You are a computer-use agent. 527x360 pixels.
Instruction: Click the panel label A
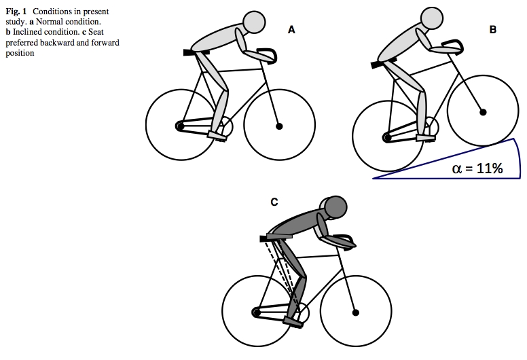291,30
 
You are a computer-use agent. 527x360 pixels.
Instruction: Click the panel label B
493,30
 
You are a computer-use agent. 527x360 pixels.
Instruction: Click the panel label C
274,202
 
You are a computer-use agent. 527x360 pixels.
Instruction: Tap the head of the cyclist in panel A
254,22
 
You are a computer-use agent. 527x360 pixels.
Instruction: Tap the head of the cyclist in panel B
432,18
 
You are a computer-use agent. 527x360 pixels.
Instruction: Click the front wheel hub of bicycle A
279,126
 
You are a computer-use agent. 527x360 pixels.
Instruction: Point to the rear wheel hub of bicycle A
180,126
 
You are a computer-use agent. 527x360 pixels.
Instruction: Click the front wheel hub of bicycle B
483,112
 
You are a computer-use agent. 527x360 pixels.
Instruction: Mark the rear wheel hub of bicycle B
387,137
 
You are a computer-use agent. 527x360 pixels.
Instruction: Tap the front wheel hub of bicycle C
356,312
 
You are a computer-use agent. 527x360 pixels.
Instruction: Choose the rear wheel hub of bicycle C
256,312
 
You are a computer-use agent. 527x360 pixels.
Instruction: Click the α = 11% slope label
477,168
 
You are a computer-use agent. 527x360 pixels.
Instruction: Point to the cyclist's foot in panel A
217,136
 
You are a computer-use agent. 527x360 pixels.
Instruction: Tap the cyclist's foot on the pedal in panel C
293,322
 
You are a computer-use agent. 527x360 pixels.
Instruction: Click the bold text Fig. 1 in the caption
16,12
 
